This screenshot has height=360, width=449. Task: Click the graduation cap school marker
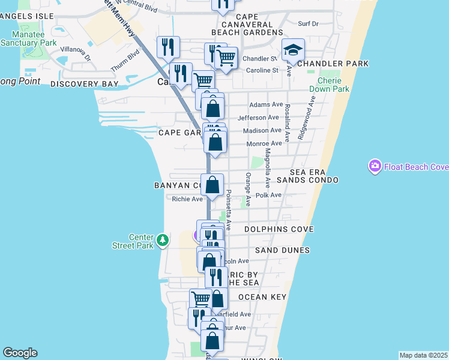[293, 50]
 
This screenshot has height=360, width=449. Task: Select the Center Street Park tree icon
[162, 241]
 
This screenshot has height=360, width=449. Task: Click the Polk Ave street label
[268, 195]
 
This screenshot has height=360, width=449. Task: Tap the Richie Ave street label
[187, 199]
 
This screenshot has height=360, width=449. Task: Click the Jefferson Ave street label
[259, 118]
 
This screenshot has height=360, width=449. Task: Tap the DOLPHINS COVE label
[277, 229]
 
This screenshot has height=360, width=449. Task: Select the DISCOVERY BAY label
[84, 85]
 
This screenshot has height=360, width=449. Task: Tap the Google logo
[19, 353]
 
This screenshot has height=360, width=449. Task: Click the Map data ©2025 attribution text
[423, 355]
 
